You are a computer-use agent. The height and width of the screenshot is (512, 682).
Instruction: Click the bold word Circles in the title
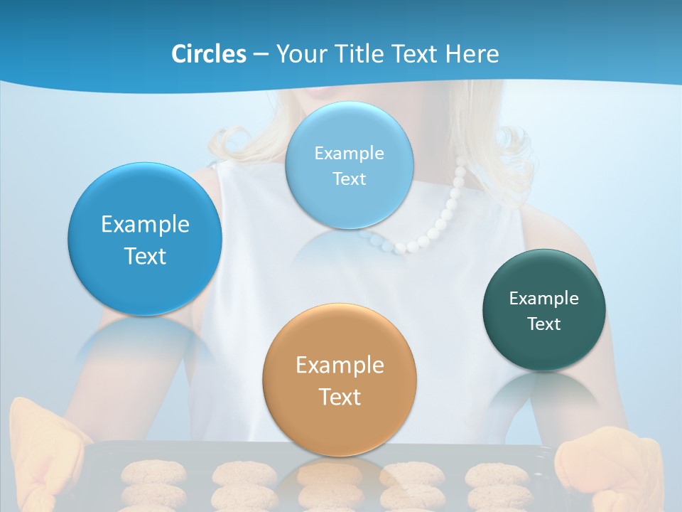[209, 54]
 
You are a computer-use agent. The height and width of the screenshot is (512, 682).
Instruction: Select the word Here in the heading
[472, 54]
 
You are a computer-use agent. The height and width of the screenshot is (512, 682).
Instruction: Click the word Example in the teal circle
[544, 299]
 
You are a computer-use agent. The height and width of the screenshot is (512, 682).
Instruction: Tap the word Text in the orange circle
[340, 397]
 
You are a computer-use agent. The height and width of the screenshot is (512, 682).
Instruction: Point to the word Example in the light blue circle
[350, 154]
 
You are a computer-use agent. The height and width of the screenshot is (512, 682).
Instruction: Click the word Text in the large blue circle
[145, 256]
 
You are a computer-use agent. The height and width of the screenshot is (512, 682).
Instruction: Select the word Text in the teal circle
[544, 324]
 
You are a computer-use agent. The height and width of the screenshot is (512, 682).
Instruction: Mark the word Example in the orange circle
[340, 366]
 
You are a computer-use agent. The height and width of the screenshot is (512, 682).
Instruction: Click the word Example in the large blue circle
[145, 225]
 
